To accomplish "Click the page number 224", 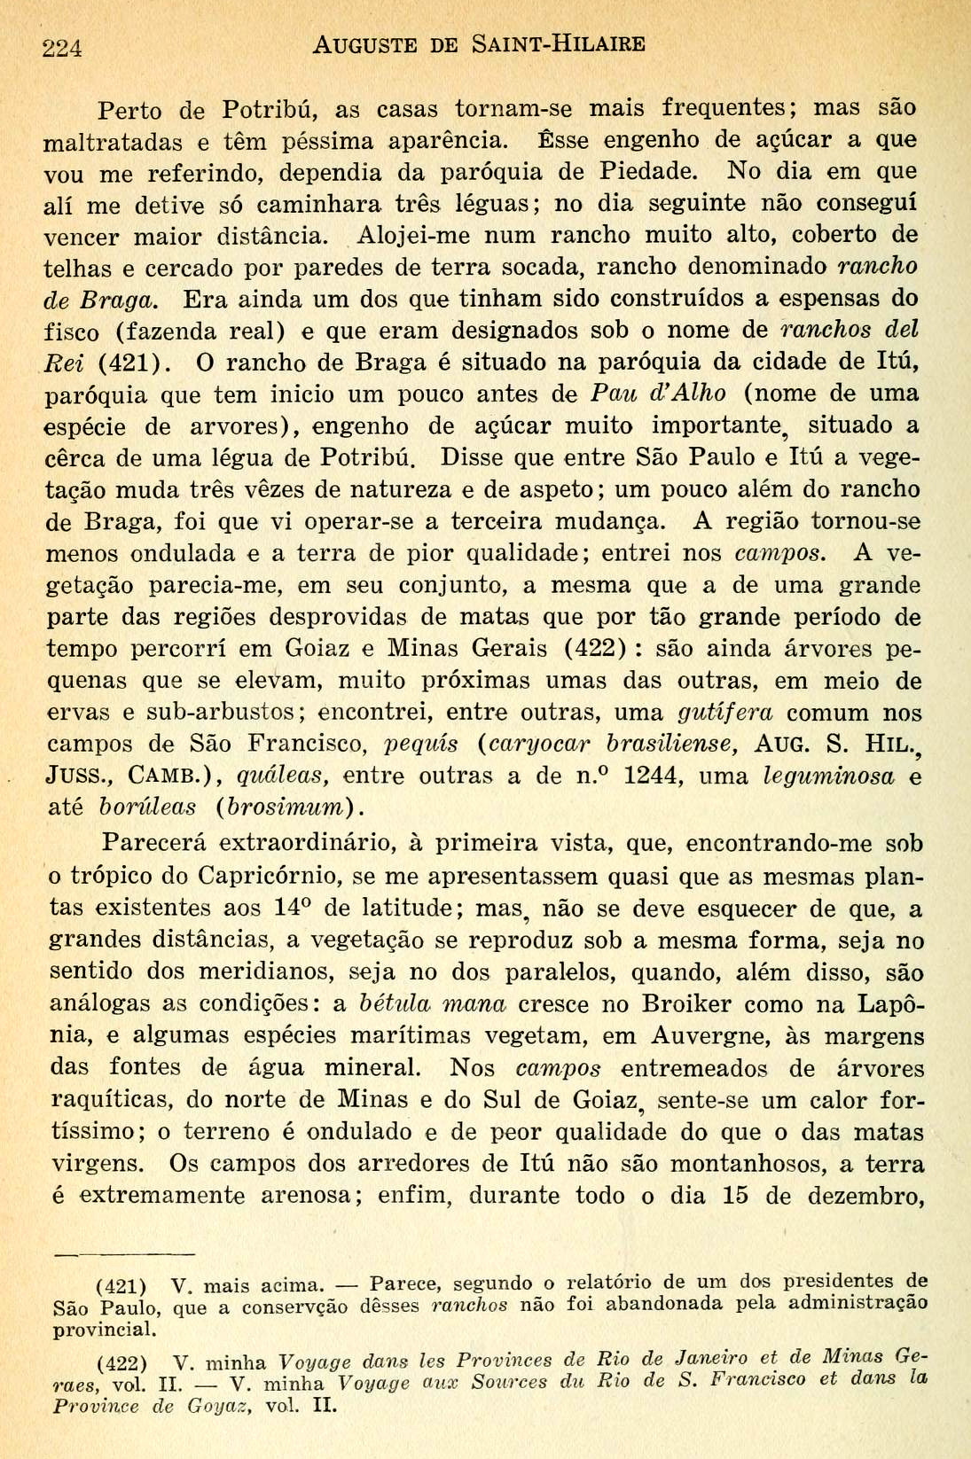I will pyautogui.click(x=62, y=48).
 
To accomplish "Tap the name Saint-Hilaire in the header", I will pyautogui.click(x=558, y=43).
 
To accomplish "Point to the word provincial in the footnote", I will pyautogui.click(x=105, y=1330).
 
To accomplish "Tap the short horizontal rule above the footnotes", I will pyautogui.click(x=124, y=1253).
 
